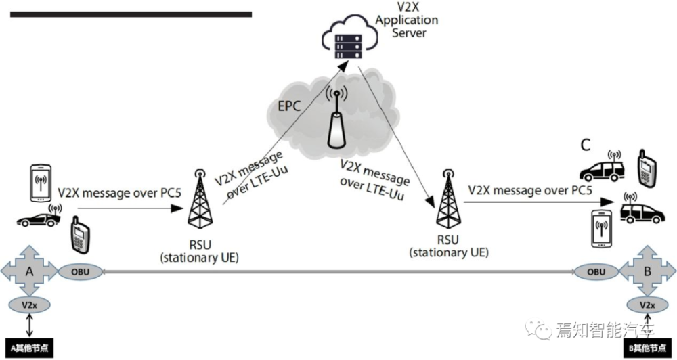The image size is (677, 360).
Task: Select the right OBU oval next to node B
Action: coord(596,272)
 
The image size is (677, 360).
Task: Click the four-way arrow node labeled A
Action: coord(29,272)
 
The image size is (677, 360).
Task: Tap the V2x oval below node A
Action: coord(29,305)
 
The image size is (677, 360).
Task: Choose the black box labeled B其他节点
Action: coord(649,348)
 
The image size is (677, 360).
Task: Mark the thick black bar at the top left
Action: coord(131,14)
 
